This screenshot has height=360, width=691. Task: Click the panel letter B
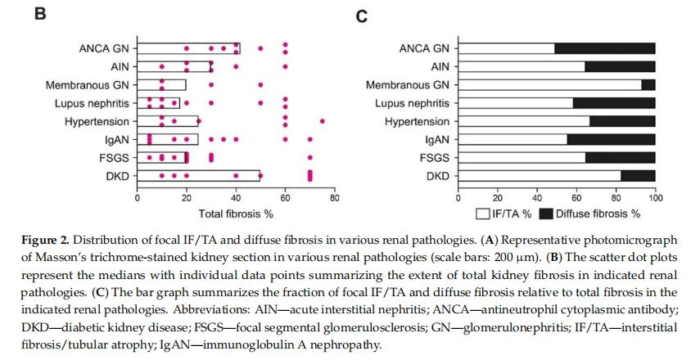40,14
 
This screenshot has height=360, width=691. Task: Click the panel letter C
361,16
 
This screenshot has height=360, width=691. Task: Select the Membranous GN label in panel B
88,85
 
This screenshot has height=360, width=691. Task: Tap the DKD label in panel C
437,176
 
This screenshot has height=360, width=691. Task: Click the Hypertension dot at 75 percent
322,121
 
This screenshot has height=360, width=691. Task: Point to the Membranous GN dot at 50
260,84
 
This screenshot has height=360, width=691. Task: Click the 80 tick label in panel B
335,198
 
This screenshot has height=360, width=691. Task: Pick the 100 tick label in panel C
655,198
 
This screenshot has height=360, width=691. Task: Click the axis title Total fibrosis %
236,214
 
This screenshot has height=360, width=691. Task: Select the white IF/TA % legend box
482,214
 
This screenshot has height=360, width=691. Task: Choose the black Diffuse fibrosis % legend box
546,214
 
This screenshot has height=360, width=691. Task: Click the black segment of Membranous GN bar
648,85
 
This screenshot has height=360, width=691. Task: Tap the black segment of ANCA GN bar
604,48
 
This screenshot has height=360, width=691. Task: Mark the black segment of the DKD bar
638,176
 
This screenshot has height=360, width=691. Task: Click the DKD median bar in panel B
198,176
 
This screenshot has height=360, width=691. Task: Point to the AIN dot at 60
285,66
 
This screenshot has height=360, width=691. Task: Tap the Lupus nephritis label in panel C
412,104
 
